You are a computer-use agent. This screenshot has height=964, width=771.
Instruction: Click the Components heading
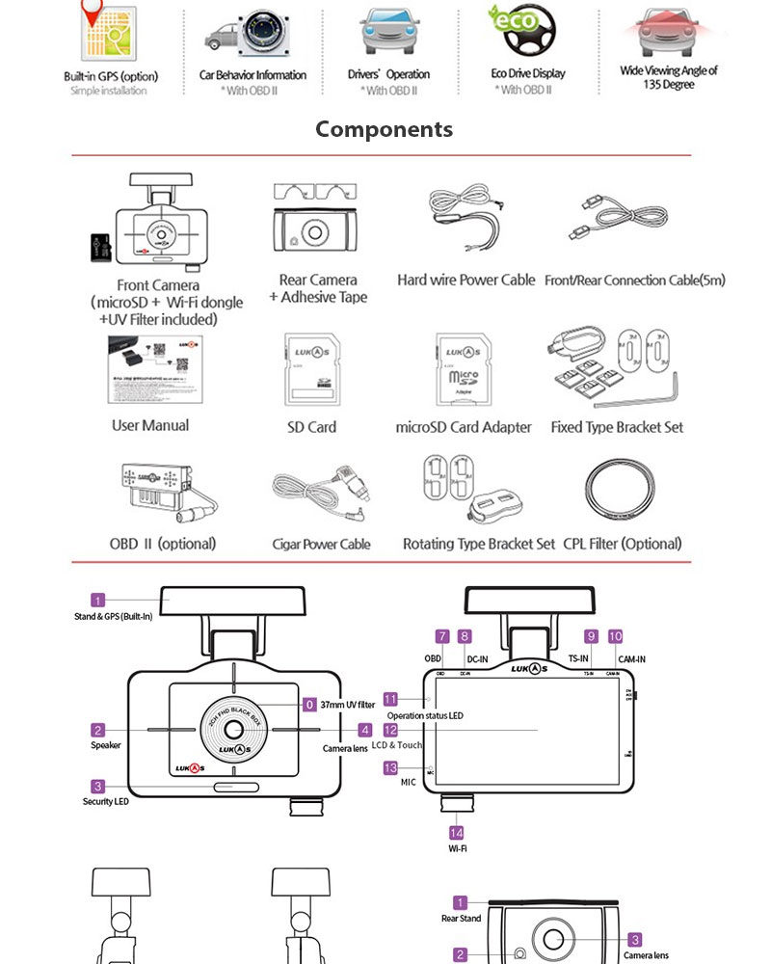click(384, 129)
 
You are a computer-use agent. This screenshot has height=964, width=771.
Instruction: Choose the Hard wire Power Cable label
click(465, 281)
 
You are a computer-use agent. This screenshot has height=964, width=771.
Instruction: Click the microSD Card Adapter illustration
click(464, 373)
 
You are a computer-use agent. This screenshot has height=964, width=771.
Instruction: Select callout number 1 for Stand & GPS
click(97, 601)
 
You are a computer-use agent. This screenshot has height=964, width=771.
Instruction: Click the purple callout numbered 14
click(457, 832)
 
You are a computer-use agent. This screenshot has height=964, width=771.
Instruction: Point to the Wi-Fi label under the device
click(457, 850)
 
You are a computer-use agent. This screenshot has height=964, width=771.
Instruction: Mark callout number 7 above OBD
click(442, 636)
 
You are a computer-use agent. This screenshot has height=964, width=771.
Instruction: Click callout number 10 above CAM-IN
click(616, 636)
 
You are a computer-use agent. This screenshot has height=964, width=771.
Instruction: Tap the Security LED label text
click(105, 802)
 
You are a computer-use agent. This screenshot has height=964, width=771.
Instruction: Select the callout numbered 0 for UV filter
click(309, 705)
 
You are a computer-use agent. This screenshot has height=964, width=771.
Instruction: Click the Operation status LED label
click(424, 716)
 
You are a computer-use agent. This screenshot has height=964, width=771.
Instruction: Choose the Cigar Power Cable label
click(321, 545)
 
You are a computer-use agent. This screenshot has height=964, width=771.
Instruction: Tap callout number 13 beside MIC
click(390, 768)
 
